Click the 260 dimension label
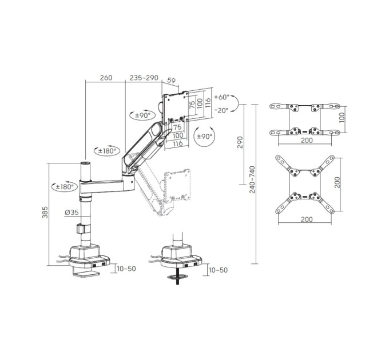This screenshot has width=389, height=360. (x=106, y=78)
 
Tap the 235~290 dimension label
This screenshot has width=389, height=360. (x=144, y=78)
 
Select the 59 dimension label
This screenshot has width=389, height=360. (x=172, y=80)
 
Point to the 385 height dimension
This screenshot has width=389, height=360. (x=45, y=213)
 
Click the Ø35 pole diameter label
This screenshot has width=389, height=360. (x=72, y=212)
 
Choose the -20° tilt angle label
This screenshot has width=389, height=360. (x=221, y=110)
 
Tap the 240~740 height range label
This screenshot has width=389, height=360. (x=252, y=179)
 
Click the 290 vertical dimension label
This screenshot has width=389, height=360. (x=240, y=142)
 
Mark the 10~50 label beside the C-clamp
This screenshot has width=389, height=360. (x=126, y=269)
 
